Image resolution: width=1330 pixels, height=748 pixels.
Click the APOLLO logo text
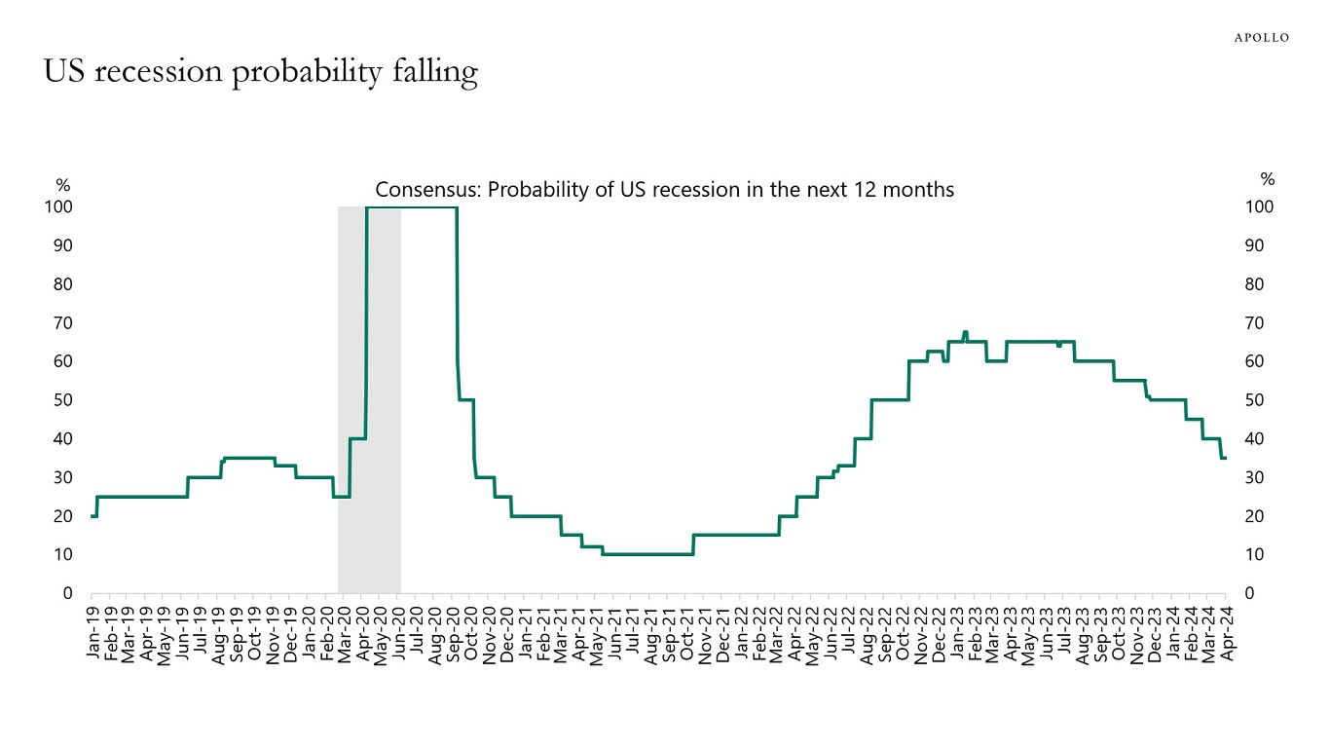click(x=1261, y=37)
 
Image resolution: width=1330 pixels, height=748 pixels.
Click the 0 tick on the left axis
click(x=67, y=593)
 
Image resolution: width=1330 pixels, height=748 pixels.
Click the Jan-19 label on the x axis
click(x=93, y=634)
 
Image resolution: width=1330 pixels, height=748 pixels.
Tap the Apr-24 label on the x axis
click(x=1229, y=634)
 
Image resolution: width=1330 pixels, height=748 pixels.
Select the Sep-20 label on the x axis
click(x=454, y=634)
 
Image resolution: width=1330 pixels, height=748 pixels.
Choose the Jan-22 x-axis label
click(x=742, y=634)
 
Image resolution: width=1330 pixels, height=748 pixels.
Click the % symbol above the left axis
click(x=63, y=185)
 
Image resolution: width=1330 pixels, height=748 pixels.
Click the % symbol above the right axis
click(x=1267, y=179)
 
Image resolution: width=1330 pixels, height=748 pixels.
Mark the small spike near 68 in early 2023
click(x=964, y=333)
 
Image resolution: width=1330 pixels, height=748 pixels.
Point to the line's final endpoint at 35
click(x=1225, y=458)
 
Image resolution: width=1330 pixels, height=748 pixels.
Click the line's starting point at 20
click(x=92, y=515)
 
